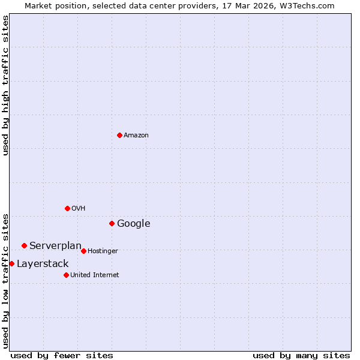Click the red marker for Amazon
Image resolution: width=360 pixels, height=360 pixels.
pos(119,135)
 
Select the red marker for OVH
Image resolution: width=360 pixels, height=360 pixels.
pos(67,208)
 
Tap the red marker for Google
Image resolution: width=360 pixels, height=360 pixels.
pos(112,223)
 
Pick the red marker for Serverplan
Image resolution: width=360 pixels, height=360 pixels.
pos(24,245)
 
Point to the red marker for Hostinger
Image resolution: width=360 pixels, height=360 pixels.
pos(83,251)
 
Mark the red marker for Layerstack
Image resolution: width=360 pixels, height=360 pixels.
pos(11,263)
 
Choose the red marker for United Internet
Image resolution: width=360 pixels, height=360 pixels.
pos(66,275)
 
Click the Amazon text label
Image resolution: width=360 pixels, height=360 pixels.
pos(136,135)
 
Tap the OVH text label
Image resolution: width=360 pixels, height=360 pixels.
pos(79,208)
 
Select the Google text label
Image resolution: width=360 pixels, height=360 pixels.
pos(134,223)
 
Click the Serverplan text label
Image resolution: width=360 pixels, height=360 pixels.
pos(55,245)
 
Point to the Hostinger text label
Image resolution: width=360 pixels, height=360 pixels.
pos(103,251)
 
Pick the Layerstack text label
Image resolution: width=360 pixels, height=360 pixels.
pos(43,263)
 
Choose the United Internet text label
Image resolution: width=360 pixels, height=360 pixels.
pos(95,275)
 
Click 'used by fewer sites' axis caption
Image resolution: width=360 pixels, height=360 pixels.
pos(62,355)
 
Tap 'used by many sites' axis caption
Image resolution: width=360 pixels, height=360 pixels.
pos(301,355)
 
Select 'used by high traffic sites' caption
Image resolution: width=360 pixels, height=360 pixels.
pos(6,85)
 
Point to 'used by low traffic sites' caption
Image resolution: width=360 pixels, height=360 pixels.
pos(6,280)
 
